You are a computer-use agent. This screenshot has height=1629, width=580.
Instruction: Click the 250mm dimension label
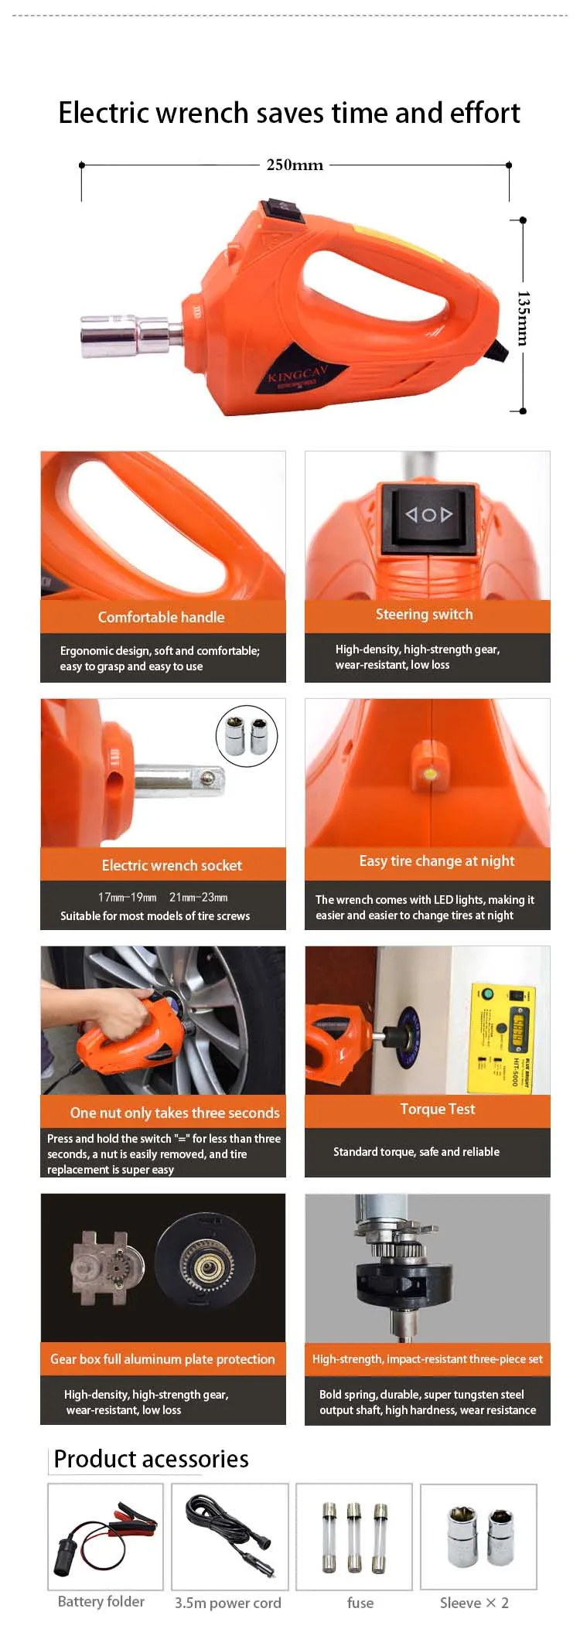[295, 165]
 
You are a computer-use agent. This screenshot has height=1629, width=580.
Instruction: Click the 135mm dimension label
[523, 318]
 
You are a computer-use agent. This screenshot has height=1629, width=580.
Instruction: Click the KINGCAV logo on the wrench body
[298, 374]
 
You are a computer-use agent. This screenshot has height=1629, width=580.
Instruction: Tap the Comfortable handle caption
[161, 617]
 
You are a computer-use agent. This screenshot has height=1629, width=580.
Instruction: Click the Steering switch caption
[424, 614]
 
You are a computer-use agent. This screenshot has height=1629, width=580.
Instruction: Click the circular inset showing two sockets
[246, 735]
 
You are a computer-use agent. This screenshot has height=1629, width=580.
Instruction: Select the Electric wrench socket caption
[172, 865]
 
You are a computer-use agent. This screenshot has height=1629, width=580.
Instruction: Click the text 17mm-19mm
[127, 898]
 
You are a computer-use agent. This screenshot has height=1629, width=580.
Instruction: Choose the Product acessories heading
[152, 1459]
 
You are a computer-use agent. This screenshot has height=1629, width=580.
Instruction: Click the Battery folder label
[101, 1601]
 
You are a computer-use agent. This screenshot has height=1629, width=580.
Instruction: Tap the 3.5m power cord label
[227, 1603]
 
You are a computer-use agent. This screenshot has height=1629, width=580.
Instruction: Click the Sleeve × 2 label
[474, 1603]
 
